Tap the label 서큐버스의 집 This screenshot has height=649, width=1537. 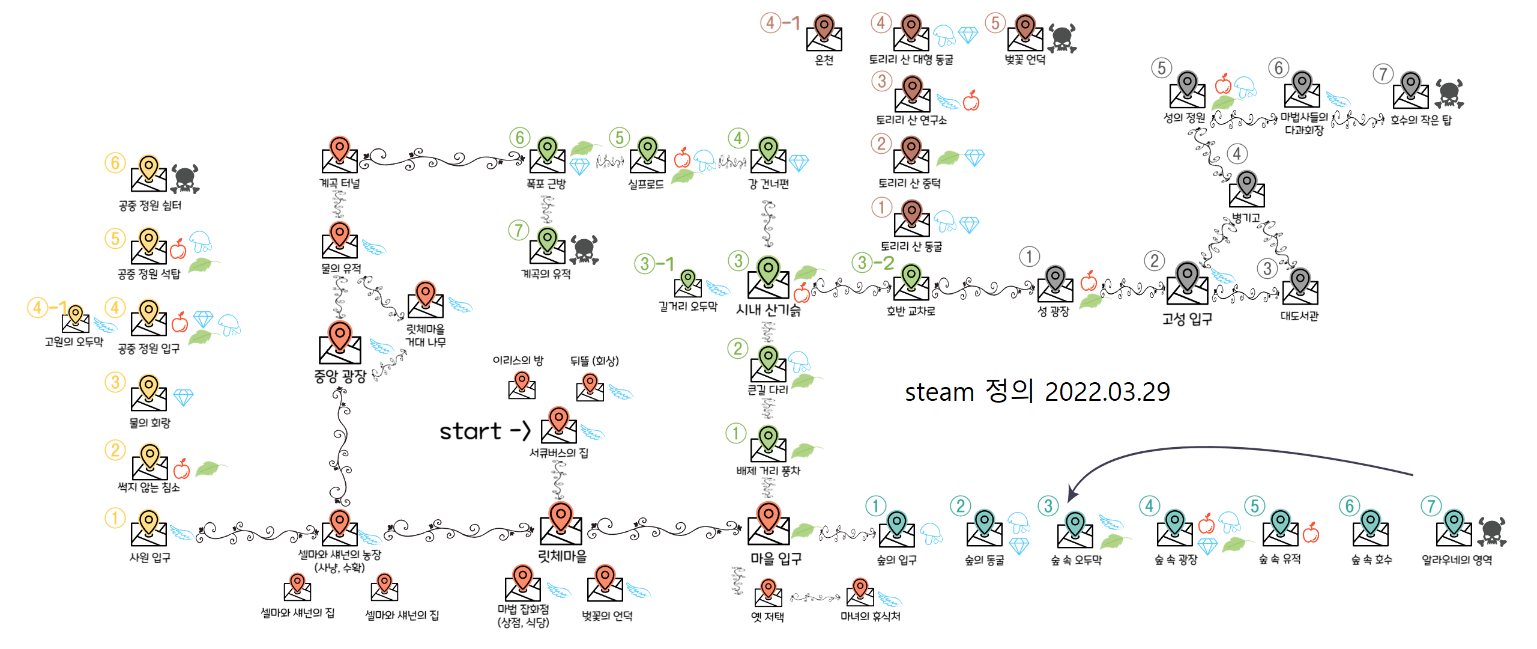558,453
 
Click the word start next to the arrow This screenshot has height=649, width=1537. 470,431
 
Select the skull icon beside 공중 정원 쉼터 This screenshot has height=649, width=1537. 185,178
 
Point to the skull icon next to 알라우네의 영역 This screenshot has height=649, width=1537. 1492,532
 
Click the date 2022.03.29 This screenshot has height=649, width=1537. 1107,392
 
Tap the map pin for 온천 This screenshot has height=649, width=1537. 824,27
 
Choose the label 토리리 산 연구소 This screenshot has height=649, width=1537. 911,120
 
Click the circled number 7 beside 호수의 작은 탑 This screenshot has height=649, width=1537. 1383,75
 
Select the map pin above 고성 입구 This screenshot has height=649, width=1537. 1187,276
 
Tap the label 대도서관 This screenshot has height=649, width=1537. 1299,316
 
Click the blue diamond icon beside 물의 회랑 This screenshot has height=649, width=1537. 183,397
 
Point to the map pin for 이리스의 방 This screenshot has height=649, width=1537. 522,381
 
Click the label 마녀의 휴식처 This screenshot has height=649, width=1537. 870,617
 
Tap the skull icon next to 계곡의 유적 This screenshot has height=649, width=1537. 584,249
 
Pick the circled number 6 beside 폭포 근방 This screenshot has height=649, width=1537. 520,138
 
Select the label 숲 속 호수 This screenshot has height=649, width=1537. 1371,560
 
